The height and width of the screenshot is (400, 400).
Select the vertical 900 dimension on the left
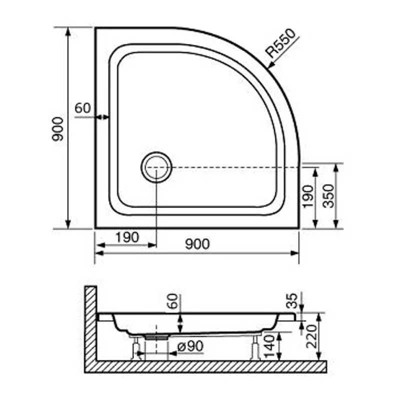(x=58, y=128)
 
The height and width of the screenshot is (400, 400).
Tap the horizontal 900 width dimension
(x=197, y=244)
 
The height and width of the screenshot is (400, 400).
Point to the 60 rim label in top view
(x=82, y=108)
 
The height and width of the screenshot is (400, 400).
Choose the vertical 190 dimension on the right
(x=307, y=196)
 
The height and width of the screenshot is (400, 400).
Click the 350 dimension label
(x=328, y=196)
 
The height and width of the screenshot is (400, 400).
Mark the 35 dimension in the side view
(x=293, y=301)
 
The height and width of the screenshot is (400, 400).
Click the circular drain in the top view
(x=156, y=167)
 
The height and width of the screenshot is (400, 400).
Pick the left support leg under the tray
(x=135, y=348)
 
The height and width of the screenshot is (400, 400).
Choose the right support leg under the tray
(x=255, y=347)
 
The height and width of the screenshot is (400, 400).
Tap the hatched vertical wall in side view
(x=90, y=325)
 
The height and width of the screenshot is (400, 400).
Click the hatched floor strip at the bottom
(x=210, y=366)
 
